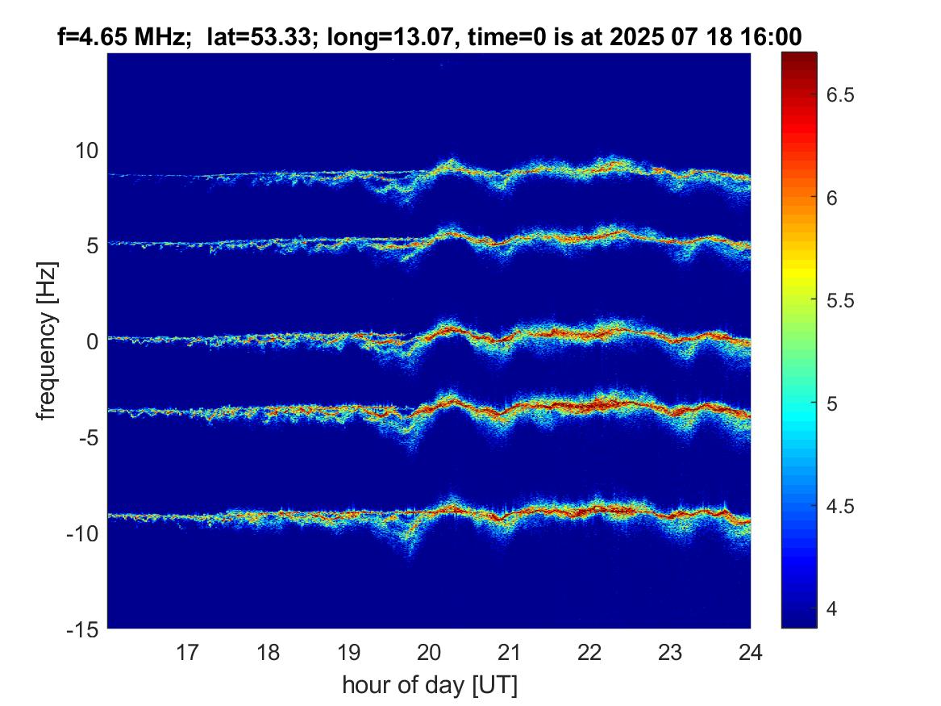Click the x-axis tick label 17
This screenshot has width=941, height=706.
click(x=188, y=651)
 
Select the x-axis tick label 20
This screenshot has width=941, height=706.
click(x=429, y=651)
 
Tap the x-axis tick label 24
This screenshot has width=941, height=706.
click(x=750, y=651)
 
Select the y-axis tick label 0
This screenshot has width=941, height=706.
click(x=92, y=341)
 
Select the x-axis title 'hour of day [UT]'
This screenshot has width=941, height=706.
click(x=429, y=685)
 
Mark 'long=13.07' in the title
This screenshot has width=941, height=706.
click(x=360, y=36)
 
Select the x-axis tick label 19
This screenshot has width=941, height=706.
click(x=348, y=651)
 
